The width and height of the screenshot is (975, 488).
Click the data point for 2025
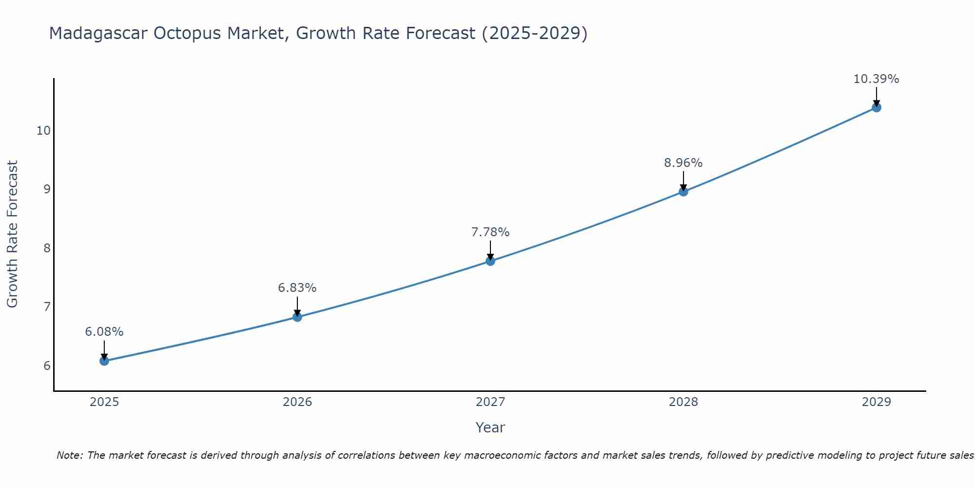tap(104, 361)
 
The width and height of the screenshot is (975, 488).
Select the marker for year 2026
tap(297, 317)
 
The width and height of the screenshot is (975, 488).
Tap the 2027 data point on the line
tap(490, 261)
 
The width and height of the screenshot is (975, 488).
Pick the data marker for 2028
tap(683, 192)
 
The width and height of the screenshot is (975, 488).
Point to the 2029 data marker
tap(876, 107)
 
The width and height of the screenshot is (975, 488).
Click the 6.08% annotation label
tap(104, 332)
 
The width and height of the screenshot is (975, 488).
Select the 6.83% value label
tap(297, 288)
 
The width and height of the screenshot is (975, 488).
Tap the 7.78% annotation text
tap(490, 232)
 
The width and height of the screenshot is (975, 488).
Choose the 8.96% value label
tap(683, 163)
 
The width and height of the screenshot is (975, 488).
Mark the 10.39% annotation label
tap(876, 79)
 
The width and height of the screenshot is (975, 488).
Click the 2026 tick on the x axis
tap(297, 402)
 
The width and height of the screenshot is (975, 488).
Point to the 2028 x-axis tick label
tap(683, 402)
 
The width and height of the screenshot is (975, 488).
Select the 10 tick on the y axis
tap(43, 131)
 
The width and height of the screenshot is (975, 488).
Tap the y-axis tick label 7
tap(47, 307)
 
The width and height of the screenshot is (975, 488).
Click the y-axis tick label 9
tap(47, 189)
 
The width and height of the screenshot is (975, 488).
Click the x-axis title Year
tap(490, 427)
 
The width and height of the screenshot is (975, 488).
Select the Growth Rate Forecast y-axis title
tap(12, 234)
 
